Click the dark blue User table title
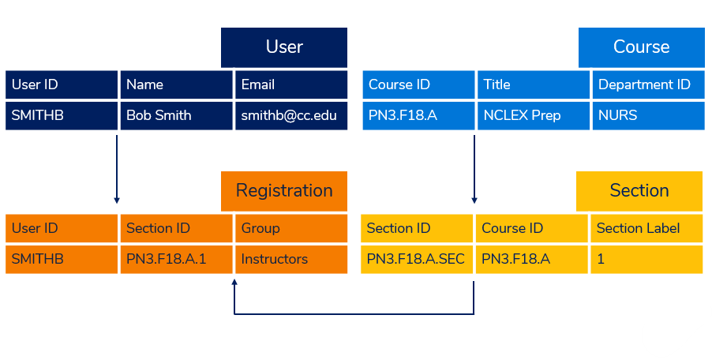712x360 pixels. coord(284,47)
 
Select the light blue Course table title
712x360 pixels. coord(641,47)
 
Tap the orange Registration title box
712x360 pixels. coord(284,191)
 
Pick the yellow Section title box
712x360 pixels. coord(639,191)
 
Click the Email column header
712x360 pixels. coord(291,84)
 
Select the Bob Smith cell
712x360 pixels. coord(176,115)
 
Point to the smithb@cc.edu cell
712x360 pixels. coord(291,115)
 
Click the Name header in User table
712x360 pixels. coord(176,84)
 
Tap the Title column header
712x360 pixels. coord(534,84)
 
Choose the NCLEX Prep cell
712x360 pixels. coord(534,115)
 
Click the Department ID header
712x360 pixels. coord(648,84)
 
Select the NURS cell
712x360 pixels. coord(648,115)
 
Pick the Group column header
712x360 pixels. coord(291,228)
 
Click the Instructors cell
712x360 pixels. coord(291,259)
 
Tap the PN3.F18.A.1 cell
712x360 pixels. coord(176,259)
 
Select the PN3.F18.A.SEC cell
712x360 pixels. coord(417,259)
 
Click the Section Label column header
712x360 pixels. coord(646,228)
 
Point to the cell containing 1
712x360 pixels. coord(646,259)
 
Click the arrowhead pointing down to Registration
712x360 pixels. coord(117,201)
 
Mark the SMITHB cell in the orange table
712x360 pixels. coord(62,259)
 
